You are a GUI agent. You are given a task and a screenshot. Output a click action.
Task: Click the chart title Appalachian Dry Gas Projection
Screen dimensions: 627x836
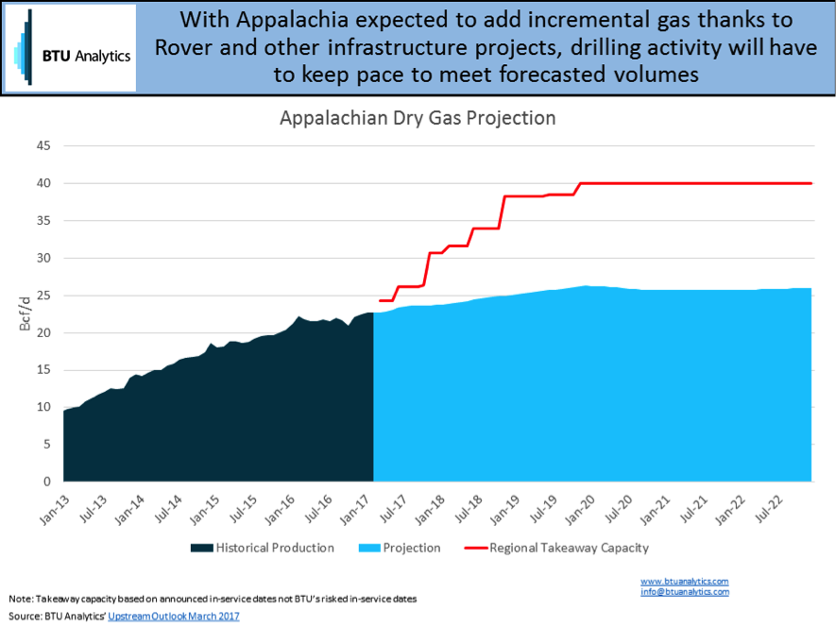[x=417, y=119]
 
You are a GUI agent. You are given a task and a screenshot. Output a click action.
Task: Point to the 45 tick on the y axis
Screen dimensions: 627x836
[x=43, y=146]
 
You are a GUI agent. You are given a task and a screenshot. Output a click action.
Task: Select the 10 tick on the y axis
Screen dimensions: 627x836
[x=43, y=407]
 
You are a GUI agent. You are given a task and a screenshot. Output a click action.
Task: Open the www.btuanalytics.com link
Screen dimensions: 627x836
[x=685, y=582]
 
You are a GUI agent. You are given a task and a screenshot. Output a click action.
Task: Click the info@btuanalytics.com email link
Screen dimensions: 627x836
[x=685, y=592]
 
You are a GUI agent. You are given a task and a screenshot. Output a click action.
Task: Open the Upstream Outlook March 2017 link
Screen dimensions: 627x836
[x=174, y=617]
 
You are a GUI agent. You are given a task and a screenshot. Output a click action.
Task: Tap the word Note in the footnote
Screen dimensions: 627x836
[x=19, y=600]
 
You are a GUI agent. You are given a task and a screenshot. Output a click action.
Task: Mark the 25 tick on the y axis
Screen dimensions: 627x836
[x=43, y=296]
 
